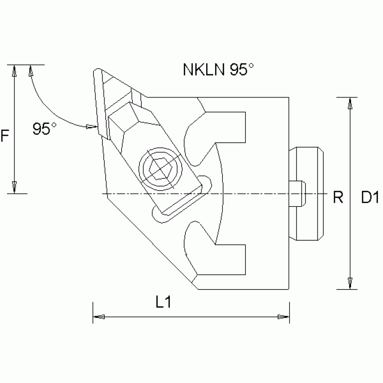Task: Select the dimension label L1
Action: [163, 302]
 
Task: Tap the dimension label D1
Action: [369, 198]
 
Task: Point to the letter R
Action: [338, 198]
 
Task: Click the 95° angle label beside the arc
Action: [44, 129]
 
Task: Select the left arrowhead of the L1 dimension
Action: [99, 317]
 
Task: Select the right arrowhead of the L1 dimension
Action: [283, 317]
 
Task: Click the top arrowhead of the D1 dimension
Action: [351, 103]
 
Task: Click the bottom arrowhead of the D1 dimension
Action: [351, 283]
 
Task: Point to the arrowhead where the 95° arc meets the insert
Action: [91, 126]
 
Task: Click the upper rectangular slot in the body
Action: [230, 128]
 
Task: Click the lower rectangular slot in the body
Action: [230, 259]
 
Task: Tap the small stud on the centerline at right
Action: [297, 193]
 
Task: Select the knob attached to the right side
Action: [307, 193]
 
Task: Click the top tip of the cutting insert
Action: [96, 71]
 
